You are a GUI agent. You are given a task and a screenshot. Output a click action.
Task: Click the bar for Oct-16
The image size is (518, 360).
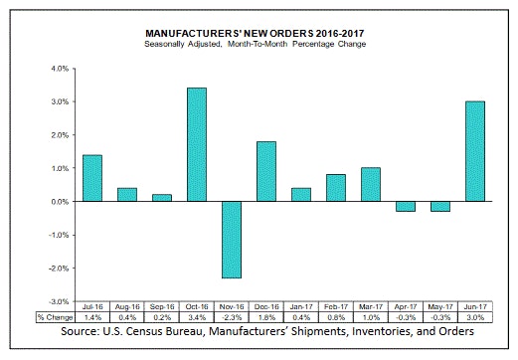pyautogui.click(x=196, y=144)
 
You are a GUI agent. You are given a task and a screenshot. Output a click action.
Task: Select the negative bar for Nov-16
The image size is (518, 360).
pyautogui.click(x=231, y=240)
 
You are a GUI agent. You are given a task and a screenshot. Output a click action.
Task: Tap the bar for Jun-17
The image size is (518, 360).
pyautogui.click(x=474, y=151)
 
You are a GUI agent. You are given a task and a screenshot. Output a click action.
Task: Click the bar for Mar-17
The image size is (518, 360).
pyautogui.click(x=370, y=184)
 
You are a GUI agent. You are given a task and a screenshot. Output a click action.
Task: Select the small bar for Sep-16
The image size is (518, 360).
pyautogui.click(x=161, y=198)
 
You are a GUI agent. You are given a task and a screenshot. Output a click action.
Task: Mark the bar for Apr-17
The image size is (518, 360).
pyautogui.click(x=405, y=206)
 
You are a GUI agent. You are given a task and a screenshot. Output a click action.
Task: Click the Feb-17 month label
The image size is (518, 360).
pyautogui.click(x=335, y=308)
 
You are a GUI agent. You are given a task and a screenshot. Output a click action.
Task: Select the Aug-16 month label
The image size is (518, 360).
pyautogui.click(x=126, y=308)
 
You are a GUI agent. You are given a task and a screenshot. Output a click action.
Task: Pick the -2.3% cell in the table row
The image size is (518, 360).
pyautogui.click(x=231, y=317)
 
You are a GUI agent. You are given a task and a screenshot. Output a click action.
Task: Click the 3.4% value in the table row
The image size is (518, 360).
pyautogui.click(x=196, y=317)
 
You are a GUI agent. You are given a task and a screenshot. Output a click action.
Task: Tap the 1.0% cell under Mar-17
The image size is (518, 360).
pyautogui.click(x=370, y=317)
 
